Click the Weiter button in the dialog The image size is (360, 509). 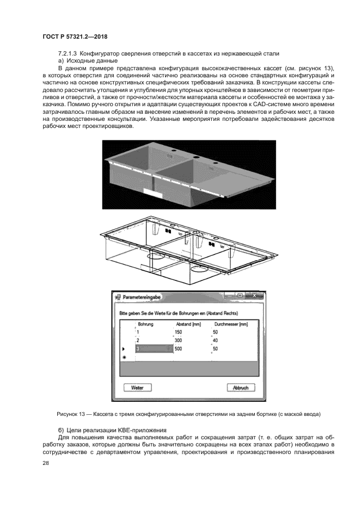137,388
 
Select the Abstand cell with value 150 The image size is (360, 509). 178,332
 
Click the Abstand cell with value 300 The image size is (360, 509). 178,340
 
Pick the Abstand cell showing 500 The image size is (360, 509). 178,349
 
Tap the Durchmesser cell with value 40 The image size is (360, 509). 215,340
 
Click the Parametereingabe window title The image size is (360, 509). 141,298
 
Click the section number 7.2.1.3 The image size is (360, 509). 68,53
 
